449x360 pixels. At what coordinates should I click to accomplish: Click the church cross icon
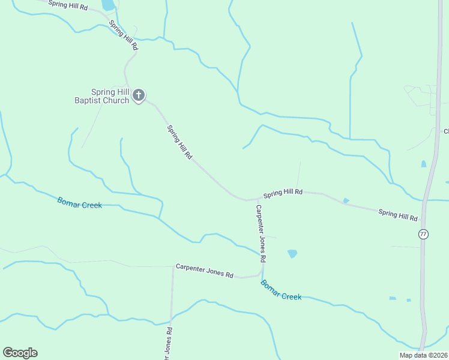click(139, 95)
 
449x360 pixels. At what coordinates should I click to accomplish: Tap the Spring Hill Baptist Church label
click(110, 96)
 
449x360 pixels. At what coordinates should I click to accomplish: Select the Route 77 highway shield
click(424, 234)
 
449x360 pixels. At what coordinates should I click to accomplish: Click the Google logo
click(20, 353)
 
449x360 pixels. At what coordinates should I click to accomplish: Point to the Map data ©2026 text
click(423, 355)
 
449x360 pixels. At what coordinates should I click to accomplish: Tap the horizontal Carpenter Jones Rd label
click(204, 271)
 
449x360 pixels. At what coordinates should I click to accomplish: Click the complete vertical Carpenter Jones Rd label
click(261, 234)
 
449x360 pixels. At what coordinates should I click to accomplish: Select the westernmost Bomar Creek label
click(79, 202)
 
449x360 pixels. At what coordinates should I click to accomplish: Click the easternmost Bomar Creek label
click(280, 290)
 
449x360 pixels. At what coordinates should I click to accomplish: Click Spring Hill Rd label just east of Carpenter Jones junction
click(283, 193)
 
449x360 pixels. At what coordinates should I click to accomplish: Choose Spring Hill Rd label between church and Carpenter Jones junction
click(179, 142)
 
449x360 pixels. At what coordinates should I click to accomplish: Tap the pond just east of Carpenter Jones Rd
click(292, 253)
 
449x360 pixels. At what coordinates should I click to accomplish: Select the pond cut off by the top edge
click(108, 5)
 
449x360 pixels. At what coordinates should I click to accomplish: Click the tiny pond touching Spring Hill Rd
click(346, 200)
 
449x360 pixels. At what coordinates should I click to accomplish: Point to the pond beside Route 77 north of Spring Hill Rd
click(424, 164)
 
